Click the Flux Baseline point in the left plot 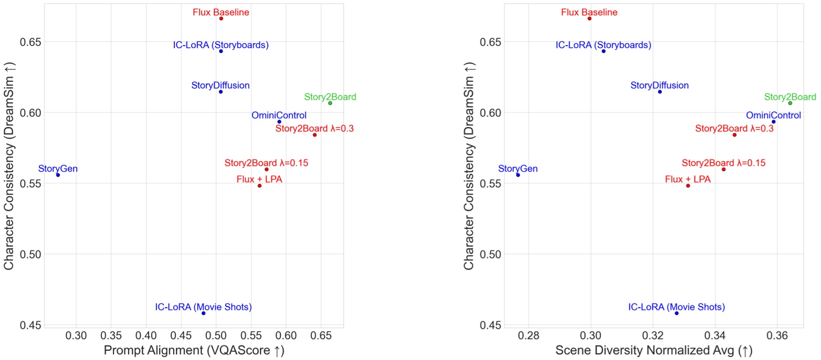tap(221, 18)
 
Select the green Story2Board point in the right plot tap(790, 103)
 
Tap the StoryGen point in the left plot tap(58, 175)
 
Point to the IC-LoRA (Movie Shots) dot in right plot tap(676, 313)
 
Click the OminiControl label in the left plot tap(279, 115)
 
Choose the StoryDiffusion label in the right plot tap(659, 85)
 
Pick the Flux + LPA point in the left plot tap(259, 185)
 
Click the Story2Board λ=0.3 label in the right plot tap(734, 128)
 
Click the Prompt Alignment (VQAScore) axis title tap(194, 351)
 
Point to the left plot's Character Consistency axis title tap(9, 164)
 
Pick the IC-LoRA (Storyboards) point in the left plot tap(221, 51)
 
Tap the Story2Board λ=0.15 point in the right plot tap(723, 169)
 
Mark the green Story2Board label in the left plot tap(330, 97)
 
